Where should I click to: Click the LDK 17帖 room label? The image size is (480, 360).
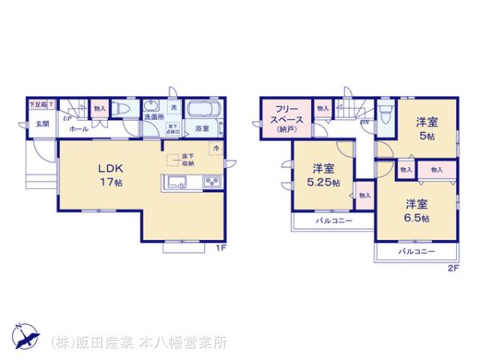(x=110, y=174)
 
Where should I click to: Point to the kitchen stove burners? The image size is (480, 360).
(x=213, y=183)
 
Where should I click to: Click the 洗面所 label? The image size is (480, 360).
(x=154, y=117)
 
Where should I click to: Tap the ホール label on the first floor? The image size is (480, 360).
(x=78, y=128)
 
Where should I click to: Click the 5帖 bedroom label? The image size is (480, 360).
(x=425, y=129)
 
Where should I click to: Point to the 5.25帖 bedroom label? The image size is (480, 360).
(x=324, y=174)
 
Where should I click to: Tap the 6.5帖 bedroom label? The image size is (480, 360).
(x=415, y=210)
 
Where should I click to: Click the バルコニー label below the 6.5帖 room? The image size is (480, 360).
(x=416, y=251)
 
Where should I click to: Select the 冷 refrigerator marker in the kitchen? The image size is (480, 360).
(x=215, y=147)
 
